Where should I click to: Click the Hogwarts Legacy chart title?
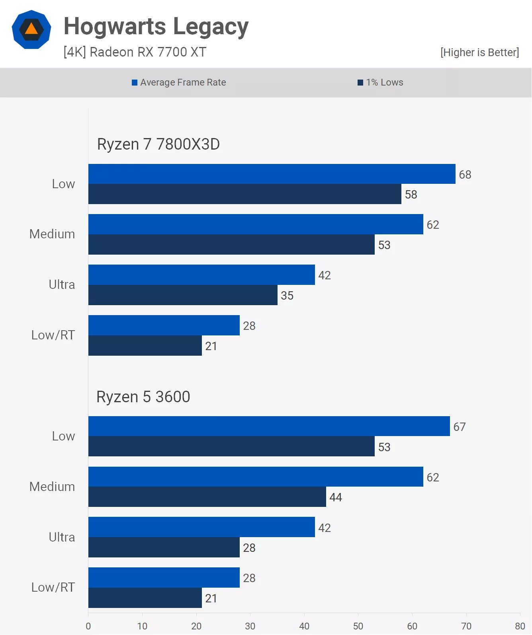pyautogui.click(x=156, y=27)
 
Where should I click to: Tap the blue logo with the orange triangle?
pyautogui.click(x=31, y=29)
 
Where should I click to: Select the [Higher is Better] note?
pyautogui.click(x=479, y=53)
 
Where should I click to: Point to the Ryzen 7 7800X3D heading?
pyautogui.click(x=158, y=144)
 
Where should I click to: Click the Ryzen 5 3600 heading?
pyautogui.click(x=143, y=397)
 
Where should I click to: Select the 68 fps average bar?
pyautogui.click(x=272, y=174)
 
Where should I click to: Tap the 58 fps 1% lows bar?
pyautogui.click(x=244, y=194)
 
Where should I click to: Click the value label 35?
pyautogui.click(x=287, y=296)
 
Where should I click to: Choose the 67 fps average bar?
pyautogui.click(x=269, y=426)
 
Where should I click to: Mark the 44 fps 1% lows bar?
pyautogui.click(x=207, y=497)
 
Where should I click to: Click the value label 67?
pyautogui.click(x=460, y=427)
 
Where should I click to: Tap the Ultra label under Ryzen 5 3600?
pyautogui.click(x=62, y=537)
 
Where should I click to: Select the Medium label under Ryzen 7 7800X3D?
pyautogui.click(x=52, y=234)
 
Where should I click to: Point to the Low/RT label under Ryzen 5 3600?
pyautogui.click(x=53, y=587)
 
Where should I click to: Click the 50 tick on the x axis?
pyautogui.click(x=358, y=626)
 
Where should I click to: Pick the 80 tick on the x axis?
pyautogui.click(x=520, y=626)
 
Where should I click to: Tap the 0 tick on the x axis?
pyautogui.click(x=88, y=626)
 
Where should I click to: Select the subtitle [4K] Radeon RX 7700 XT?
pyautogui.click(x=135, y=52)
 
